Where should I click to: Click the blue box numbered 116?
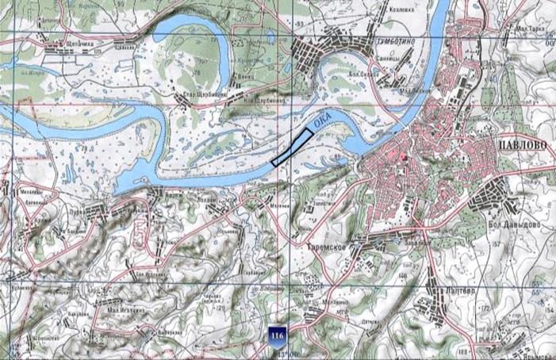click(x=277, y=333)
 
